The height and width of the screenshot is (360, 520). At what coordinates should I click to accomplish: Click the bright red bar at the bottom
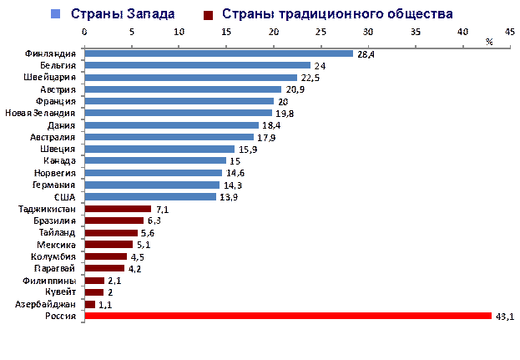(288, 316)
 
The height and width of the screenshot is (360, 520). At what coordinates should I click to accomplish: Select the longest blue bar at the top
(219, 53)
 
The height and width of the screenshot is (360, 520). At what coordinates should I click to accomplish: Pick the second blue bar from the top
(197, 65)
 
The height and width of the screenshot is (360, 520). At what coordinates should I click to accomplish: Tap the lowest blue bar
(150, 197)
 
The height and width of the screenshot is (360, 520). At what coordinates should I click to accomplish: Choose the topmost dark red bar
(118, 209)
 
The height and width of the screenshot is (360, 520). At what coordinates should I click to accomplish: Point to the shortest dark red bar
(90, 305)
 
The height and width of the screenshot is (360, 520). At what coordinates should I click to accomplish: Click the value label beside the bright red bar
(503, 316)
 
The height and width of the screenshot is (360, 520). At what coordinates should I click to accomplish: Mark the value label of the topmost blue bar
(365, 54)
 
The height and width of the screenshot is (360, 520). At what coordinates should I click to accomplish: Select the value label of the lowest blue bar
(226, 197)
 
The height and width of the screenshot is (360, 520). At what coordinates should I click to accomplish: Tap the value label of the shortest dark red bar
(103, 305)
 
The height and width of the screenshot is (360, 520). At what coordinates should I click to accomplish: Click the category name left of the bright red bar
(63, 317)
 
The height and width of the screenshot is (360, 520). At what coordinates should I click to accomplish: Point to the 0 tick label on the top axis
(84, 32)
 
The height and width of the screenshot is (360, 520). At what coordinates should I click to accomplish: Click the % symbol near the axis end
(490, 41)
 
